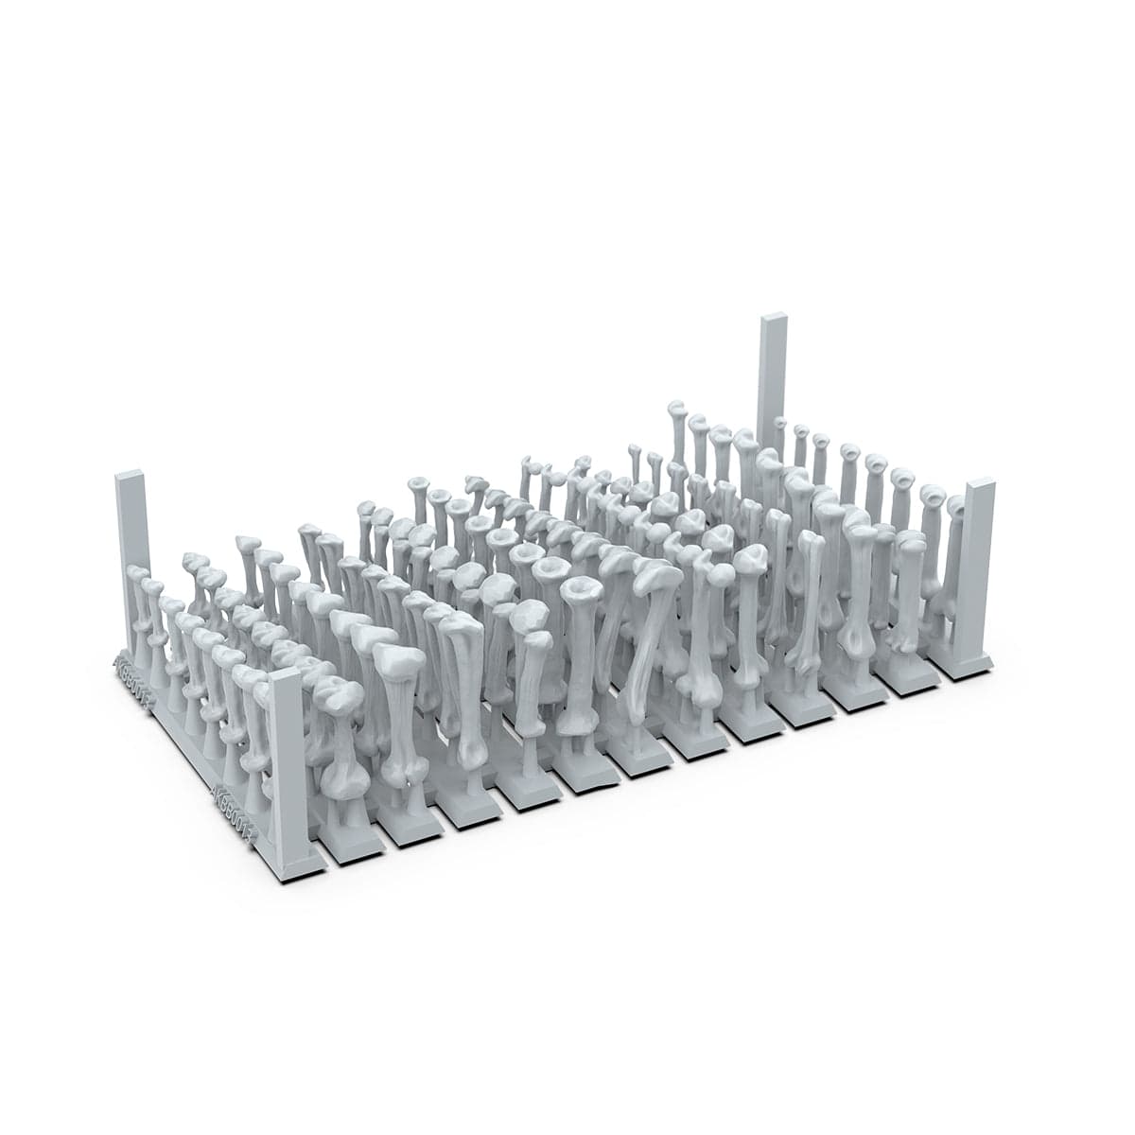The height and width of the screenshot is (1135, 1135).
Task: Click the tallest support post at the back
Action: [773, 378]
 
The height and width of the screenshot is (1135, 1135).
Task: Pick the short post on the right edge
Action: [976, 567]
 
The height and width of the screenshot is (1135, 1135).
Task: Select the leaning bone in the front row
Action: [648, 643]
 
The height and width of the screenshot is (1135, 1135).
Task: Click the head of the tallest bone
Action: [677, 410]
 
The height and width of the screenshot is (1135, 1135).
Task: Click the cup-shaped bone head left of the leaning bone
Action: [580, 591]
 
